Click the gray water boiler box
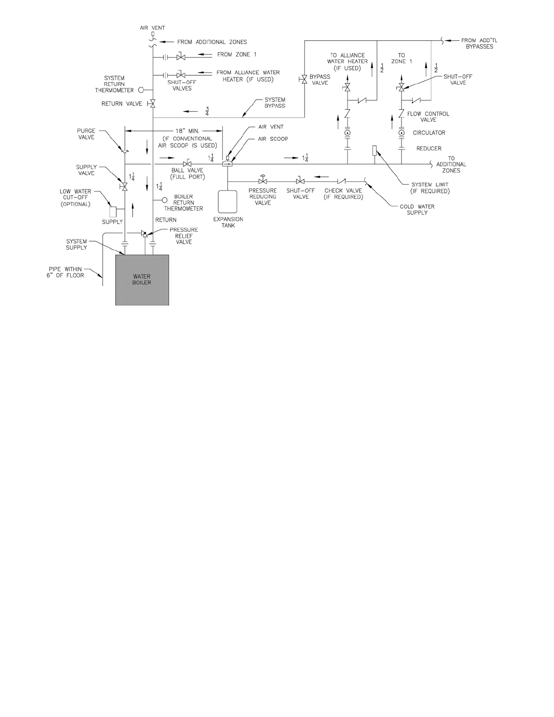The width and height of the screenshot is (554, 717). pyautogui.click(x=142, y=279)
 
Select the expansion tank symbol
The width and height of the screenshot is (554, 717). pyautogui.click(x=228, y=201)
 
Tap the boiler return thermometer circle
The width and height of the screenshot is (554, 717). pyautogui.click(x=165, y=200)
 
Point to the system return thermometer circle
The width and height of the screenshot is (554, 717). pyautogui.click(x=141, y=90)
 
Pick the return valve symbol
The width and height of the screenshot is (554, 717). pyautogui.click(x=153, y=104)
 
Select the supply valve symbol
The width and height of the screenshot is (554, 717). pyautogui.click(x=124, y=186)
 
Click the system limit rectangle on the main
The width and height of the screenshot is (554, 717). pyautogui.click(x=374, y=150)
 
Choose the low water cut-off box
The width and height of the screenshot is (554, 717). pyautogui.click(x=114, y=211)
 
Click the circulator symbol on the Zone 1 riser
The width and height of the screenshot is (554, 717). pyautogui.click(x=401, y=133)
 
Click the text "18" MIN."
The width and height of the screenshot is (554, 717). pyautogui.click(x=187, y=131)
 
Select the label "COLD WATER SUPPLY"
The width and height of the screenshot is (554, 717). pyautogui.click(x=417, y=210)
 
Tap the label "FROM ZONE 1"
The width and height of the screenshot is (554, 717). pyautogui.click(x=237, y=55)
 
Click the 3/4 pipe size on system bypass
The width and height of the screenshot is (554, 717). pyautogui.click(x=207, y=111)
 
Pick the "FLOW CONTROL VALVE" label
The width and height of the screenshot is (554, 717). pyautogui.click(x=428, y=117)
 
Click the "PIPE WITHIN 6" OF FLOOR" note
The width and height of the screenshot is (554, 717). pyautogui.click(x=65, y=272)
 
